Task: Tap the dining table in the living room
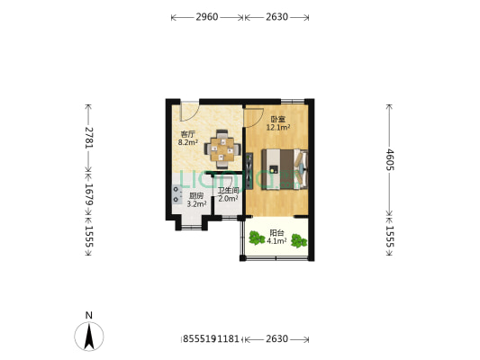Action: pyautogui.click(x=222, y=146)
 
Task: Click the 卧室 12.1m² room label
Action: pyautogui.click(x=277, y=124)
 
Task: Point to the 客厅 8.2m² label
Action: pyautogui.click(x=187, y=138)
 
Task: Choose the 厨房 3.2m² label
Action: pyautogui.click(x=196, y=200)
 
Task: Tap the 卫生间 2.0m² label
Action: pyautogui.click(x=228, y=194)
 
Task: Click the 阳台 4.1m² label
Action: pyautogui.click(x=276, y=237)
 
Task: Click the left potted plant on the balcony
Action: pyautogui.click(x=255, y=238)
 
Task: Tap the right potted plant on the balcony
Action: pyautogui.click(x=300, y=239)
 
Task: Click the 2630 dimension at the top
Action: pyautogui.click(x=276, y=16)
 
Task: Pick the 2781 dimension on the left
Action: pyautogui.click(x=88, y=137)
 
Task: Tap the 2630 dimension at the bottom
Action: pyautogui.click(x=276, y=339)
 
